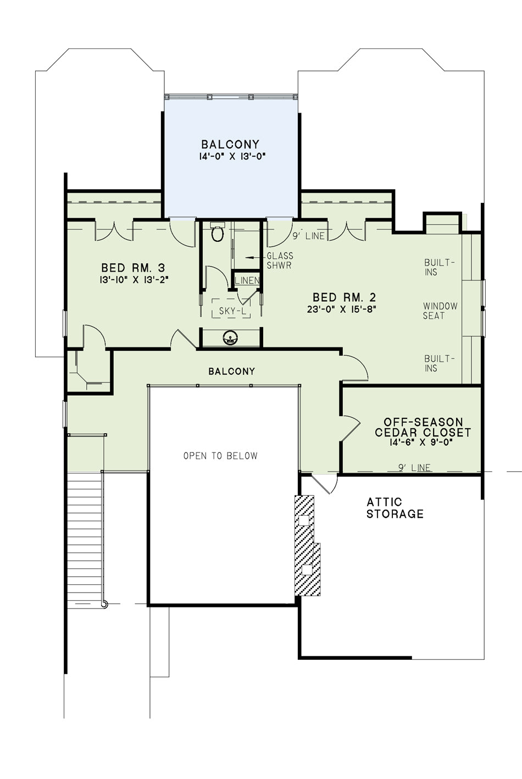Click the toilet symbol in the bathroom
click(218, 232)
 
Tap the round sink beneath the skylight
click(230, 338)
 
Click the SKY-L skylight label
click(232, 311)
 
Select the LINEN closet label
click(247, 280)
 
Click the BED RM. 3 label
click(133, 268)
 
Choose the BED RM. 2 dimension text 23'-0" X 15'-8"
click(342, 309)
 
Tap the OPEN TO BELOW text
click(220, 456)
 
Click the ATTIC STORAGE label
click(395, 508)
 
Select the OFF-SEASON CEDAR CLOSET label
click(423, 427)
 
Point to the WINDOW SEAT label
click(440, 311)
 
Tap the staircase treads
click(85, 538)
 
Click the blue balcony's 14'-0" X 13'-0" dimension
click(232, 157)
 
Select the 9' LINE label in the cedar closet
click(415, 468)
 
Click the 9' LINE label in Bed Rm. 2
click(309, 236)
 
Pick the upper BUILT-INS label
click(439, 267)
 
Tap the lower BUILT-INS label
click(439, 363)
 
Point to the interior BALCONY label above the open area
click(232, 372)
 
